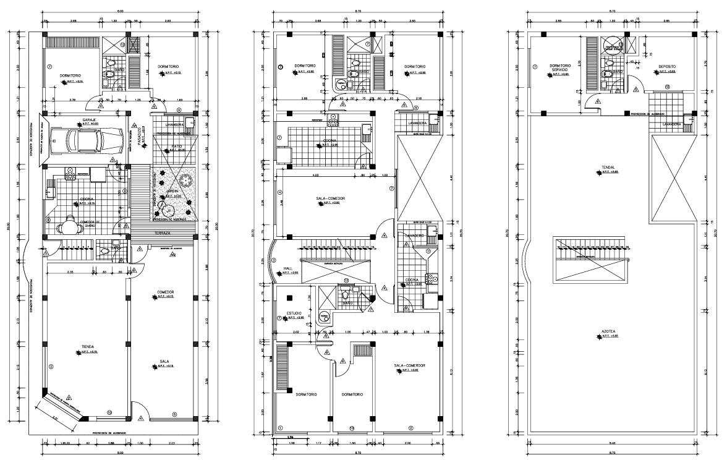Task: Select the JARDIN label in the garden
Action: [172, 192]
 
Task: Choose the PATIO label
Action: [177, 146]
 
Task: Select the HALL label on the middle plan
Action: [288, 268]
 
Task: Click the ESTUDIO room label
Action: [293, 313]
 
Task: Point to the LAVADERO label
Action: [414, 236]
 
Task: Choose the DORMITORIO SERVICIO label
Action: [559, 68]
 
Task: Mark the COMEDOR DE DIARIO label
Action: [91, 222]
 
